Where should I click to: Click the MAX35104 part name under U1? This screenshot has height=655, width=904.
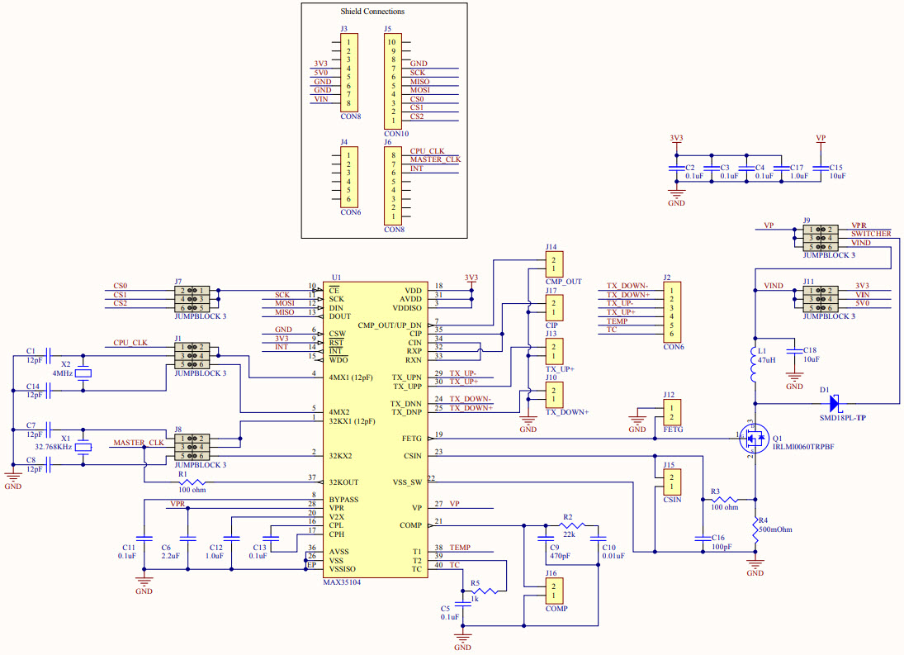341,582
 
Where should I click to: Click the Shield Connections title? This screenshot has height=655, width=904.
372,12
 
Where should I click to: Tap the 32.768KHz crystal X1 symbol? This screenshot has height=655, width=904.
83,448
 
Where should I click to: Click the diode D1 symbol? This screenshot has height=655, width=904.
835,403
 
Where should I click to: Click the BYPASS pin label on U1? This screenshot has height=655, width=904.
343,500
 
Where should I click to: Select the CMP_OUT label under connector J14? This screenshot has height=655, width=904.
563,282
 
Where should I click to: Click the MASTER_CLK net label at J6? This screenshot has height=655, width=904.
435,159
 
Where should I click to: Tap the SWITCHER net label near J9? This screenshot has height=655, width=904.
871,234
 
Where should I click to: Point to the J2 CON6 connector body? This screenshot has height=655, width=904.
674,311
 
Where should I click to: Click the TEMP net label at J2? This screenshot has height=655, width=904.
618,321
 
